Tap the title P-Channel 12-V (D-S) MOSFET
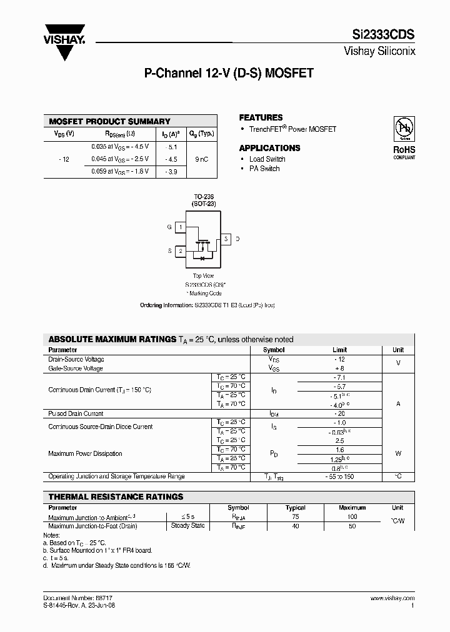(229, 73)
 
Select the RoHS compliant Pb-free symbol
(403, 129)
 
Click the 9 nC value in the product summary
(202, 159)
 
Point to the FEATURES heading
(261, 117)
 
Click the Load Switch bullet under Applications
(267, 159)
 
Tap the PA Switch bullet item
(264, 169)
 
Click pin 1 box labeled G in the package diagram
(181, 227)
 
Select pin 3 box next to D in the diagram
(226, 239)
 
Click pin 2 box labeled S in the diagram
(181, 251)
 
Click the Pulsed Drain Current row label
(76, 413)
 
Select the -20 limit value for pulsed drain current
(339, 413)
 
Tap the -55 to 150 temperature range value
(339, 476)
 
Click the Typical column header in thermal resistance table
(296, 508)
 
